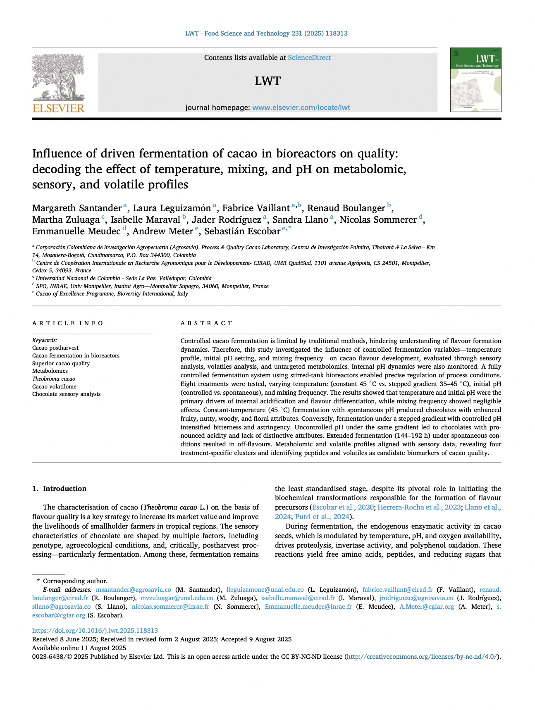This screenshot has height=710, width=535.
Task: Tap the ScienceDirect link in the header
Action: pyautogui.click(x=309, y=58)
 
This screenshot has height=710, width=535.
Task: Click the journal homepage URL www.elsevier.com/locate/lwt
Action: pyautogui.click(x=301, y=107)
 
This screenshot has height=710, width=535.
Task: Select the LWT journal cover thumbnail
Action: pyautogui.click(x=475, y=80)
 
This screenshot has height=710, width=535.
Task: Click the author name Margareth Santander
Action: pyautogui.click(x=77, y=208)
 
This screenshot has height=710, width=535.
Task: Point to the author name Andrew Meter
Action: pyautogui.click(x=162, y=231)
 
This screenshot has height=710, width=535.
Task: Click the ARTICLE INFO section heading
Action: pyautogui.click(x=68, y=323)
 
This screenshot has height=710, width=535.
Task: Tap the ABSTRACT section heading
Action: pyautogui.click(x=207, y=323)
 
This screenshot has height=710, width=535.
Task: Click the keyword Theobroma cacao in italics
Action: pyautogui.click(x=54, y=379)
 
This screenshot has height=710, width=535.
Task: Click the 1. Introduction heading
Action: pyautogui.click(x=60, y=488)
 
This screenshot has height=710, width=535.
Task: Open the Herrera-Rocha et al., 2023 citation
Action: pyautogui.click(x=419, y=507)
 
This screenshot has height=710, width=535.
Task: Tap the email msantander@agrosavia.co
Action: pyautogui.click(x=133, y=589)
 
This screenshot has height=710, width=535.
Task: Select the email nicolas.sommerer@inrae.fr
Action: pyautogui.click(x=170, y=607)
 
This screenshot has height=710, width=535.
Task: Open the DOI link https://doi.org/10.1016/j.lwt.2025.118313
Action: pyautogui.click(x=95, y=631)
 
